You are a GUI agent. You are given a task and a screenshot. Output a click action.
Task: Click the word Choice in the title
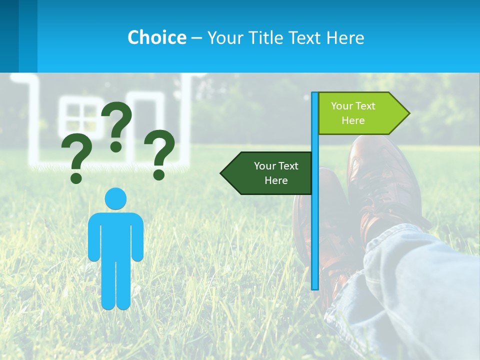click(156, 37)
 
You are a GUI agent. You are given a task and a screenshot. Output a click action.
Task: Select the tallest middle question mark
click(117, 125)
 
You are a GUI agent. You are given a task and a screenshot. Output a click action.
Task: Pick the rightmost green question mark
click(159, 153)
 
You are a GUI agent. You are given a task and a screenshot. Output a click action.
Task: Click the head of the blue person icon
click(115, 198)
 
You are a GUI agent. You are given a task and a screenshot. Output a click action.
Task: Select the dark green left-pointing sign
click(270, 173)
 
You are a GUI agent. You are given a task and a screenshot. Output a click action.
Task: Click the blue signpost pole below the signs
click(315, 240)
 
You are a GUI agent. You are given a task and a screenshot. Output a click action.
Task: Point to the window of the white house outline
click(81, 120)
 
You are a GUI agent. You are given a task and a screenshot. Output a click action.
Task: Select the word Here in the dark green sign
click(276, 180)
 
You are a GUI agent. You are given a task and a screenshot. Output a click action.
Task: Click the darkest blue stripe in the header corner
click(9, 35)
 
